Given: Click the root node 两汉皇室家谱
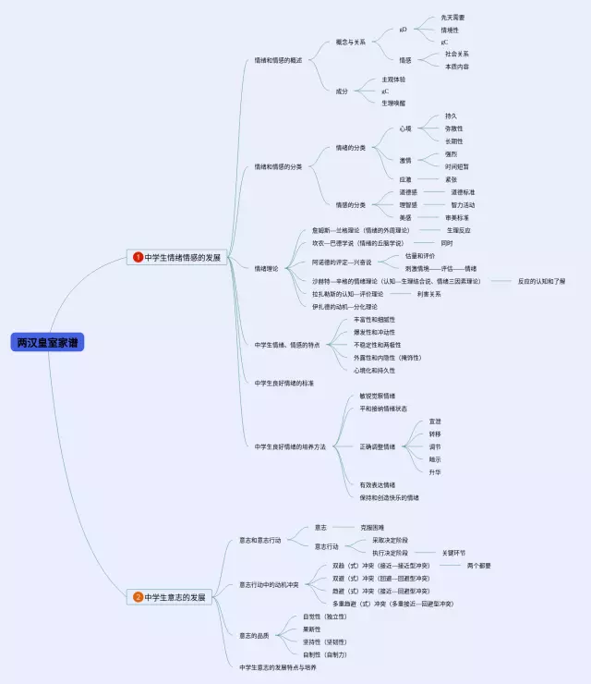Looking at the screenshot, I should pyautogui.click(x=48, y=342).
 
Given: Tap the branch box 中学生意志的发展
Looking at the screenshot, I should pyautogui.click(x=175, y=597).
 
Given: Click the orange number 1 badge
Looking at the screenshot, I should pyautogui.click(x=139, y=258).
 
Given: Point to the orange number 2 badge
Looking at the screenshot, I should pyautogui.click(x=139, y=597).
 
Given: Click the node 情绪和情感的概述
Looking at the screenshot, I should pyautogui.click(x=277, y=60).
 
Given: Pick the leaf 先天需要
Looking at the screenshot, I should pyautogui.click(x=453, y=18).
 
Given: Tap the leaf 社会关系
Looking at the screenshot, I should pyautogui.click(x=456, y=55).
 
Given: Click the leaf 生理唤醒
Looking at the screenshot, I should pyautogui.click(x=393, y=103).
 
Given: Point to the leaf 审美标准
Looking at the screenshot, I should pyautogui.click(x=457, y=217).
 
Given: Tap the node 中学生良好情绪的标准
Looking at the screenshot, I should pyautogui.click(x=284, y=382).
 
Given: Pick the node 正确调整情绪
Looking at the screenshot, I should pyautogui.click(x=377, y=446).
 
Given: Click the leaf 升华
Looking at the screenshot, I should pyautogui.click(x=435, y=471).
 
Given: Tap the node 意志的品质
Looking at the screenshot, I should pyautogui.click(x=258, y=635).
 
